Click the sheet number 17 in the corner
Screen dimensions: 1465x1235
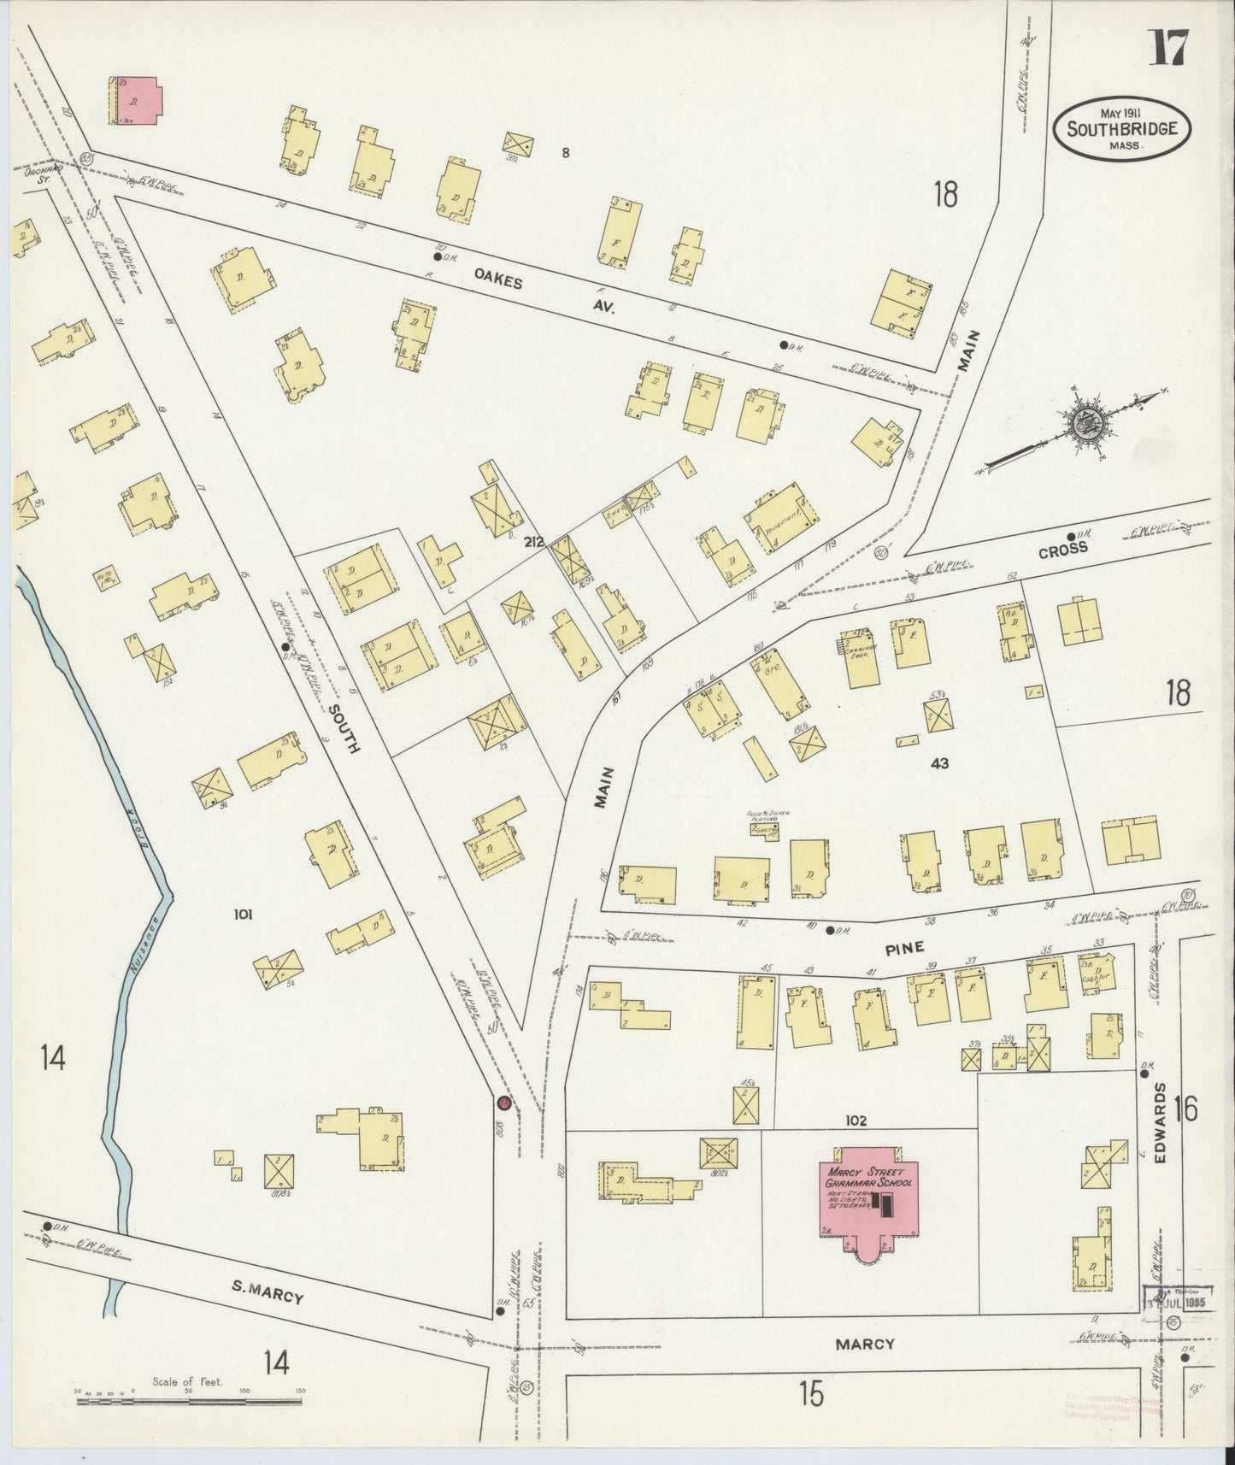pos(1167,48)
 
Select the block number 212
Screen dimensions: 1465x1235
pos(535,541)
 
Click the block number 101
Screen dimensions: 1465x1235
pos(244,915)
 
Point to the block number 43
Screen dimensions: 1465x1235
pos(940,763)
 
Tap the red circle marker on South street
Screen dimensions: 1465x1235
pos(504,1103)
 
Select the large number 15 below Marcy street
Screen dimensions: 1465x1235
pos(811,1395)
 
